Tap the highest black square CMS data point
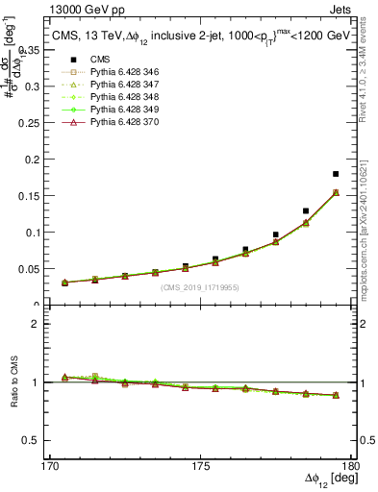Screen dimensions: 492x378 (x=336, y=174)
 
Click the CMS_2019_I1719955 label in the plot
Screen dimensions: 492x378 (x=200, y=288)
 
